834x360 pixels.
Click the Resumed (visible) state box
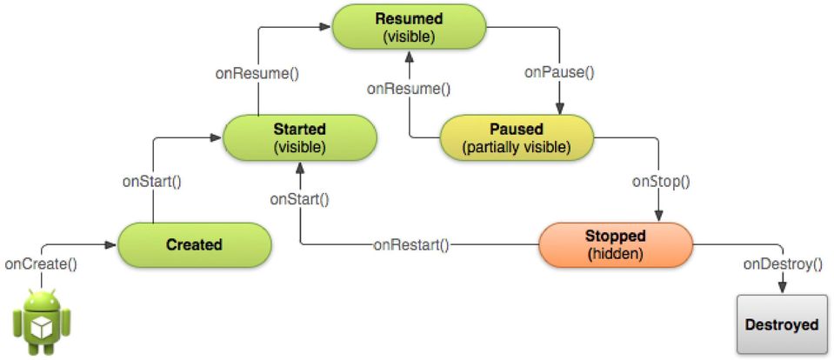pyautogui.click(x=409, y=27)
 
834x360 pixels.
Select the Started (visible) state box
pyautogui.click(x=299, y=137)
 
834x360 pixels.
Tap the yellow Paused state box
pyautogui.click(x=516, y=137)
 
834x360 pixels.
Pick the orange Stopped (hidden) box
pyautogui.click(x=616, y=244)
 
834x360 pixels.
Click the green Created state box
pyautogui.click(x=194, y=244)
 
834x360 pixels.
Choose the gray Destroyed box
pyautogui.click(x=781, y=325)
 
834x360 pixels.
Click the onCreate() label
pyautogui.click(x=41, y=263)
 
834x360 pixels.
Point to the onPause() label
pyautogui.click(x=559, y=72)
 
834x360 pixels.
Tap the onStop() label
pyautogui.click(x=661, y=182)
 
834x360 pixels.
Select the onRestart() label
pyautogui.click(x=411, y=245)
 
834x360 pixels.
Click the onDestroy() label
pyautogui.click(x=783, y=263)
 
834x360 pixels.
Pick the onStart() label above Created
pyautogui.click(x=152, y=182)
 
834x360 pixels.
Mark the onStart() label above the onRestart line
pyautogui.click(x=299, y=199)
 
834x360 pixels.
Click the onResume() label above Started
pyautogui.click(x=257, y=73)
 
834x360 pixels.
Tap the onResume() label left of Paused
pyautogui.click(x=409, y=89)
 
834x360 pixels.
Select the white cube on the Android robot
pyautogui.click(x=42, y=328)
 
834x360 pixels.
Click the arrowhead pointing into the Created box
pyautogui.click(x=110, y=244)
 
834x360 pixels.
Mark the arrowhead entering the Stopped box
pyautogui.click(x=659, y=216)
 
